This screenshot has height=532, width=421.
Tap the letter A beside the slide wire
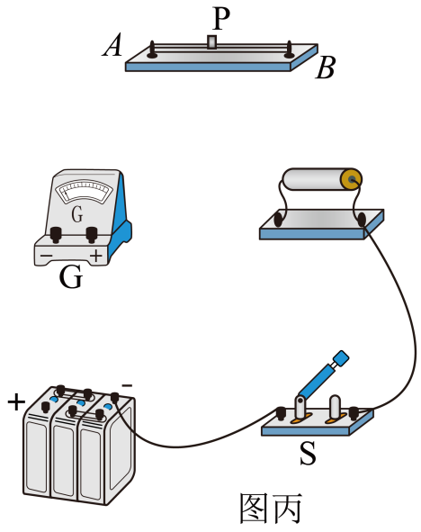[x=112, y=45]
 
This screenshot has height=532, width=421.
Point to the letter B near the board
[x=326, y=68]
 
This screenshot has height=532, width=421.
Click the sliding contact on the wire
[x=212, y=42]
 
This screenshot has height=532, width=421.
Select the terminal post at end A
[x=152, y=50]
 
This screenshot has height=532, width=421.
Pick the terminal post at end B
[x=289, y=50]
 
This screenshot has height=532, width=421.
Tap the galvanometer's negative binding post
[x=56, y=234]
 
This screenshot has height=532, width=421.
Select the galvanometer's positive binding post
[x=92, y=234]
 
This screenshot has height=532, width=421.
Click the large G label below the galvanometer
[x=71, y=277]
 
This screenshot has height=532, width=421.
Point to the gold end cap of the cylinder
[x=352, y=179]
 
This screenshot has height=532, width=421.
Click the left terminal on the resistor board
[x=278, y=219]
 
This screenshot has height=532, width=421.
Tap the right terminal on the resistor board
[x=361, y=219]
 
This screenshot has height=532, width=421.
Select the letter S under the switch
[x=309, y=454]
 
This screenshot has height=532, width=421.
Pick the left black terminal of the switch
[x=281, y=413]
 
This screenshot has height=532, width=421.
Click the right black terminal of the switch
[x=354, y=412]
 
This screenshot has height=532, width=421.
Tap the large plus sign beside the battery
[x=16, y=402]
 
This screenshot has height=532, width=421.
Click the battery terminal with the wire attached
[x=115, y=397]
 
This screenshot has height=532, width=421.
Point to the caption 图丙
[x=271, y=508]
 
